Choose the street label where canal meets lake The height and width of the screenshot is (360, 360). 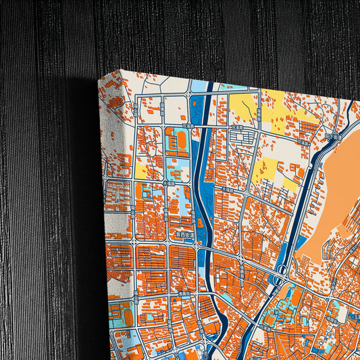coord(332,136)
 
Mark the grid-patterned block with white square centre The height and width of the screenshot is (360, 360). coord(240,139)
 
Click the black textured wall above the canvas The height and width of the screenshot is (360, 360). coord(203,34)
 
